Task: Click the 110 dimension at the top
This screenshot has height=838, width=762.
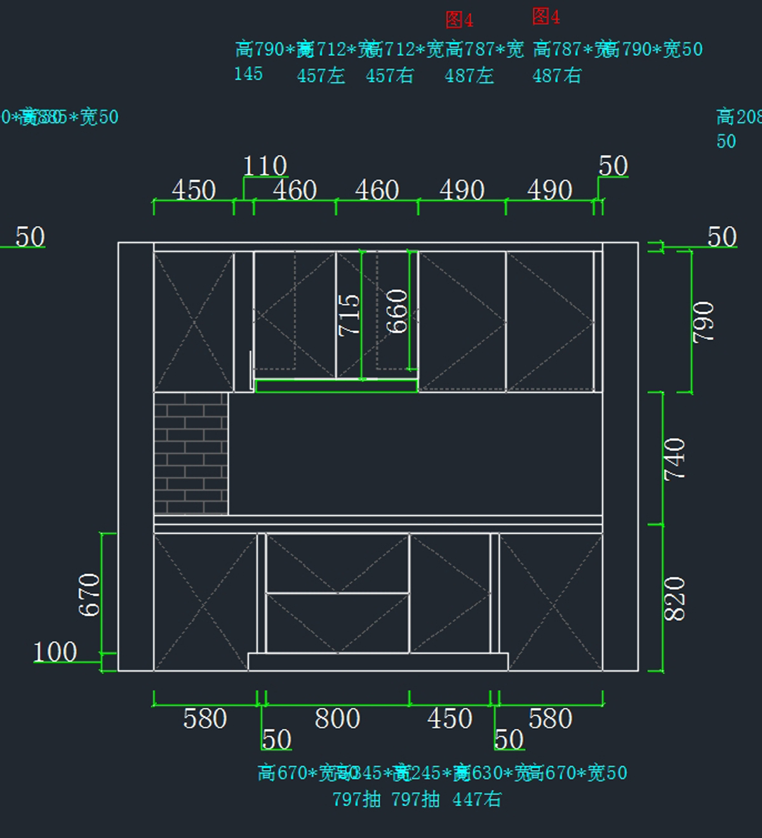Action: (x=265, y=166)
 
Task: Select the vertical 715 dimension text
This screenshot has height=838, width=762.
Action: (x=349, y=315)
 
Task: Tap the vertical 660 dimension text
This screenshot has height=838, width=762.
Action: (x=397, y=311)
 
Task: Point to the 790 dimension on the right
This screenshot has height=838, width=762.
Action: (x=704, y=322)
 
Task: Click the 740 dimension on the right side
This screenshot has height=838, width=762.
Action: (x=674, y=459)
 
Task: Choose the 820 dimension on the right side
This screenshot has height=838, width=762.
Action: (x=674, y=598)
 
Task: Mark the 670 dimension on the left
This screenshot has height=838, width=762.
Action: (x=89, y=594)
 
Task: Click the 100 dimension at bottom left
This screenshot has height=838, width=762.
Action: (x=55, y=652)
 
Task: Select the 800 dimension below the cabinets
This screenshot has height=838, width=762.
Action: (x=337, y=719)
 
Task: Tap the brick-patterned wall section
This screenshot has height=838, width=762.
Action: (x=190, y=453)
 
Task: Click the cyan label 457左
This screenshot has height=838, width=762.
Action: (x=321, y=76)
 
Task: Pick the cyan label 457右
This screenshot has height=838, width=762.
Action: (x=389, y=76)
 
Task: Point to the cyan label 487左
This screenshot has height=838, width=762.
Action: (x=469, y=76)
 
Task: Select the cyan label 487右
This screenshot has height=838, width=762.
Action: (x=556, y=76)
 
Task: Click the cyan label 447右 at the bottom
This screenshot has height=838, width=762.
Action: (x=477, y=799)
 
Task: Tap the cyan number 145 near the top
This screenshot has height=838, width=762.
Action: (x=248, y=74)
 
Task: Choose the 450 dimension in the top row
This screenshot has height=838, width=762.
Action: (x=194, y=190)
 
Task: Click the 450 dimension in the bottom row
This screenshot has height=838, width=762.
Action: (x=450, y=719)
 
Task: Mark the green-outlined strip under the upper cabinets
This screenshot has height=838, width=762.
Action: (x=336, y=386)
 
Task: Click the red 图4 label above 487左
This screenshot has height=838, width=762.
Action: (x=459, y=20)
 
